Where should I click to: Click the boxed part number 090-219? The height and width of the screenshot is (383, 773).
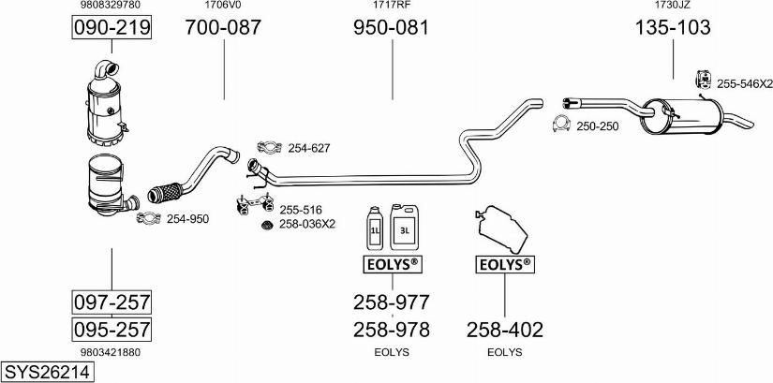pyautogui.click(x=111, y=28)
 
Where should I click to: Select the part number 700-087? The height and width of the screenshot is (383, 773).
pyautogui.click(x=223, y=28)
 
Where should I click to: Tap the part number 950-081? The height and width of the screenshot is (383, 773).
pyautogui.click(x=391, y=28)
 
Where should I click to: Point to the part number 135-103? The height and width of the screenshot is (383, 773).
pyautogui.click(x=673, y=28)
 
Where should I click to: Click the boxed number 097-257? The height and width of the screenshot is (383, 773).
pyautogui.click(x=111, y=302)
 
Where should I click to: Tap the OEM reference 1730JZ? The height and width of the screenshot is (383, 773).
pyautogui.click(x=672, y=6)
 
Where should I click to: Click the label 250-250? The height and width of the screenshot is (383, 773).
pyautogui.click(x=597, y=125)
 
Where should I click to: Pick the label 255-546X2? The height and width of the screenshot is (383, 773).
pyautogui.click(x=744, y=84)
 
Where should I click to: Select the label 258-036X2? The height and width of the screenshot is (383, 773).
pyautogui.click(x=307, y=225)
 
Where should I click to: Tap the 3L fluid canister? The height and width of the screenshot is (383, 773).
pyautogui.click(x=406, y=225)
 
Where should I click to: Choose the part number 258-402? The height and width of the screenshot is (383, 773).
pyautogui.click(x=504, y=329)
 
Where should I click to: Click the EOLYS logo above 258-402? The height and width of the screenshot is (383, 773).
pyautogui.click(x=504, y=265)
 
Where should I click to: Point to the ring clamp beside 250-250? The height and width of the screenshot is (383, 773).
pyautogui.click(x=561, y=125)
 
